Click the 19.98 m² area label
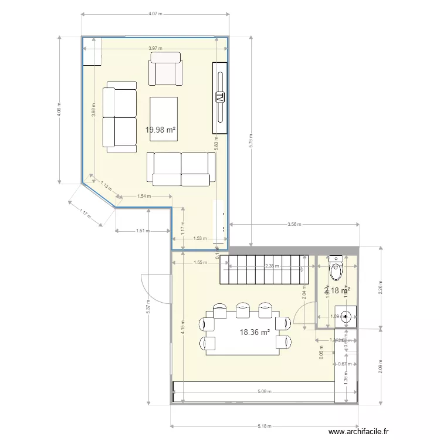tap(161, 130)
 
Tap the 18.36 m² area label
tap(255, 332)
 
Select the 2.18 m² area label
tap(337, 290)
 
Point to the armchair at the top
tap(165, 69)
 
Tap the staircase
tap(265, 269)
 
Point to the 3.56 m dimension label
tap(294, 224)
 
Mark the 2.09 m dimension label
tap(381, 367)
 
